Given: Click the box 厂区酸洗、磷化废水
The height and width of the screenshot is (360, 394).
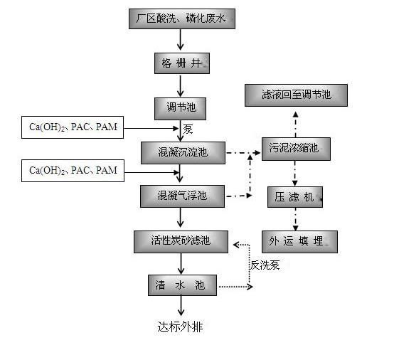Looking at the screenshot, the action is point(182,19).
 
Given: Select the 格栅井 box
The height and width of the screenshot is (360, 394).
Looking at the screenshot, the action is point(182,63).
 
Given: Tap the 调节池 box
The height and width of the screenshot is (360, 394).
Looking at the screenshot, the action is point(180,109).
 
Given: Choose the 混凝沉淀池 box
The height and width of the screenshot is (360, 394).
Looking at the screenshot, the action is point(183,153).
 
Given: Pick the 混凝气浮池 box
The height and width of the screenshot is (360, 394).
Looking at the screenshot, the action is point(182,196).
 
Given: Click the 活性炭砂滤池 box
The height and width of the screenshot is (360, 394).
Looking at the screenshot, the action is point(181,242).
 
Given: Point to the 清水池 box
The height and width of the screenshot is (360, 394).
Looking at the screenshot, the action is point(182,285).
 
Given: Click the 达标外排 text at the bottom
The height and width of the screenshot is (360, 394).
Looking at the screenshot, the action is point(180,327).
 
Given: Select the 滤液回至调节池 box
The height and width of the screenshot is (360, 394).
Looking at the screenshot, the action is point(297,95).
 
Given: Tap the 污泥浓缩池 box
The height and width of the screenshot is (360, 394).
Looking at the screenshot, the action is point(296,149).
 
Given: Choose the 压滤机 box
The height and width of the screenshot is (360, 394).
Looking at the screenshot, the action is point(295,197).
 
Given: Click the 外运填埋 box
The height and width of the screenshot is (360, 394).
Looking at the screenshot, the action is point(299,242).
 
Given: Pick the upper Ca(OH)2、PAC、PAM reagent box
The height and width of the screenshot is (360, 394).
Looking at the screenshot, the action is point(73,127).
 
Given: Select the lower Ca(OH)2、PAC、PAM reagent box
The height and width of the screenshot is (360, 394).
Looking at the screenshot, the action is point(73,171).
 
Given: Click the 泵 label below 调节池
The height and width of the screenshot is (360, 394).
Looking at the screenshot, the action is point(188,129).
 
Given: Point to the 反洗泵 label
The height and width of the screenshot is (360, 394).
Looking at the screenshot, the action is point(265,265).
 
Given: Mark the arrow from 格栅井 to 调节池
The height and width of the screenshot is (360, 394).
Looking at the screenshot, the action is point(180,85).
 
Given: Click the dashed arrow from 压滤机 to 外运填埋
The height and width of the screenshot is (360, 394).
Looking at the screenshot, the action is point(296,219).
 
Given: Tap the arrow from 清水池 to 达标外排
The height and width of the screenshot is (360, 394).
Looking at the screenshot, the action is point(181,305).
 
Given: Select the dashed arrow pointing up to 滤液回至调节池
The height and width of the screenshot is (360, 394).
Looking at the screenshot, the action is point(296,125).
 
